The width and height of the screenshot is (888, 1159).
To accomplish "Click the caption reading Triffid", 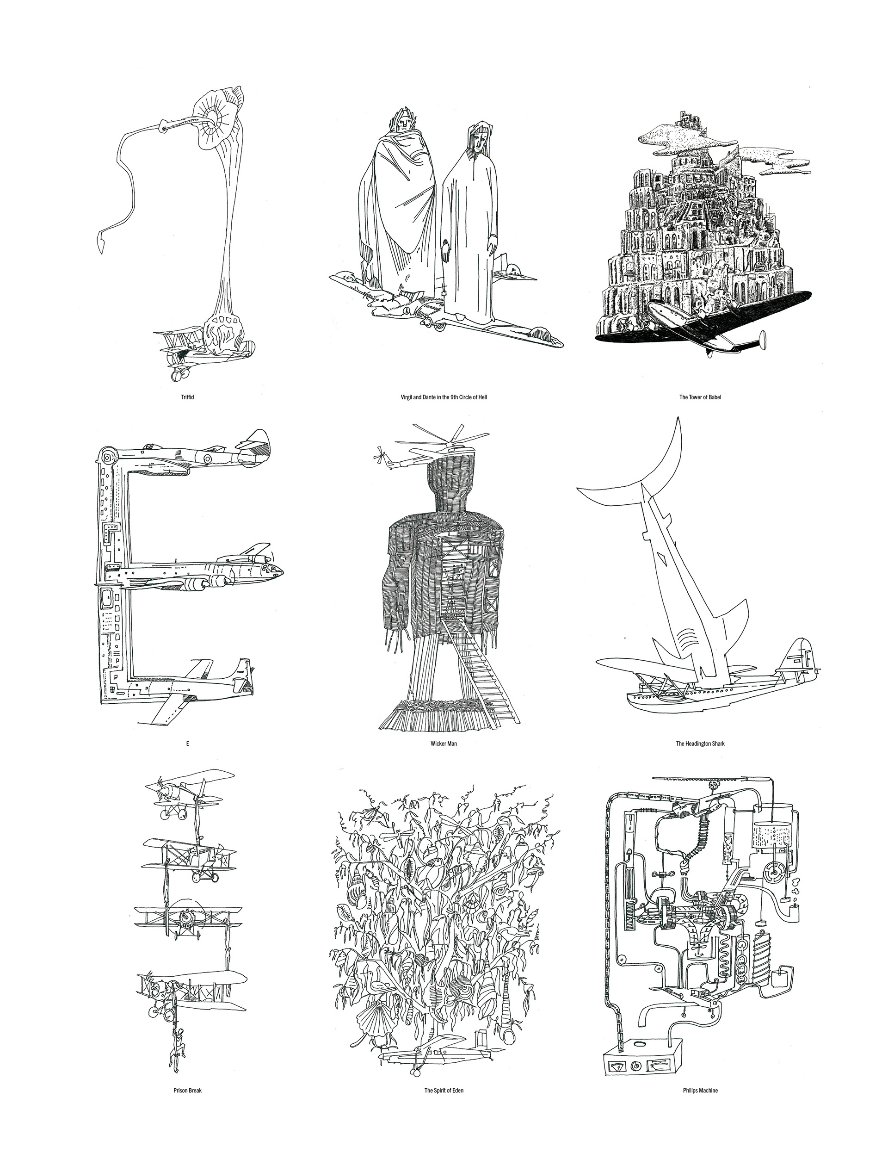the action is click(x=187, y=397).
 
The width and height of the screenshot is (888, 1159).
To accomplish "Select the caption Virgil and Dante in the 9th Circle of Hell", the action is click(x=444, y=397).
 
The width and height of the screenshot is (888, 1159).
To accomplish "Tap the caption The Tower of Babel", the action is click(x=700, y=397).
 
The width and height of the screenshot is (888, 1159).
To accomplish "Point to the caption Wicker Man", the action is click(x=444, y=744).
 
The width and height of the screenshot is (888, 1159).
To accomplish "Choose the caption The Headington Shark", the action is click(x=700, y=744).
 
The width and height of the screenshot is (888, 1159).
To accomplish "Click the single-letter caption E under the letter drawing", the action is click(x=187, y=744).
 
